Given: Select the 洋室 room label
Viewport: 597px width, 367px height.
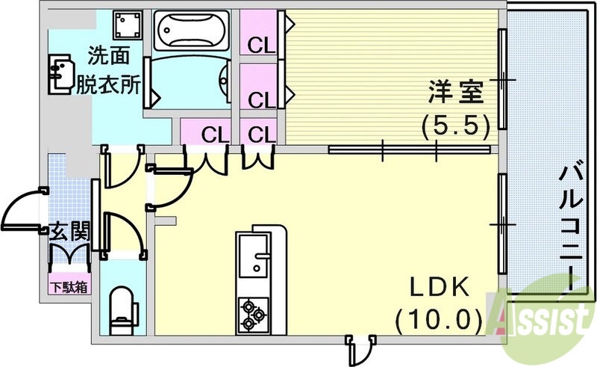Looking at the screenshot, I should coord(456,94).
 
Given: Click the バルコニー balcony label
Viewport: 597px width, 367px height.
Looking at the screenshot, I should coord(572,225).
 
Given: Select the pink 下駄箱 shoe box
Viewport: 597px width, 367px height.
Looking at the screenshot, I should coord(69,285).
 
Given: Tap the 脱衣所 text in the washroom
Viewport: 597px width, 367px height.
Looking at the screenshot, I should coord(108,84).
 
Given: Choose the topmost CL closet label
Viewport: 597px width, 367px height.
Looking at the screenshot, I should coord(262,46).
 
